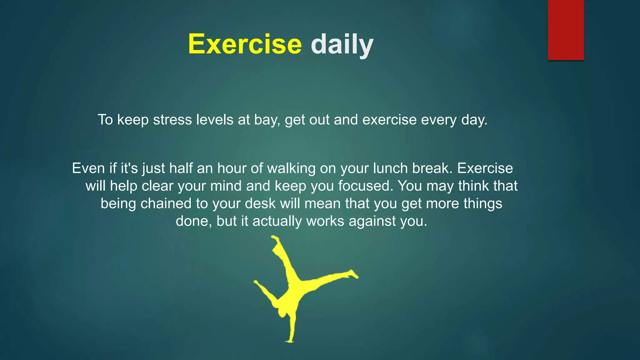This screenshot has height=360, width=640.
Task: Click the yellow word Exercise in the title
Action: coord(245,44)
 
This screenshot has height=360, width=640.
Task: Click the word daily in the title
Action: coord(342,45)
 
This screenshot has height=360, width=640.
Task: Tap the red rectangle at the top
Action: coord(566,30)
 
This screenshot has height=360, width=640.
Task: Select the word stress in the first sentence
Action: coord(172,120)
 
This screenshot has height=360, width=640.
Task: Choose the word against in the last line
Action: coord(372,221)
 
